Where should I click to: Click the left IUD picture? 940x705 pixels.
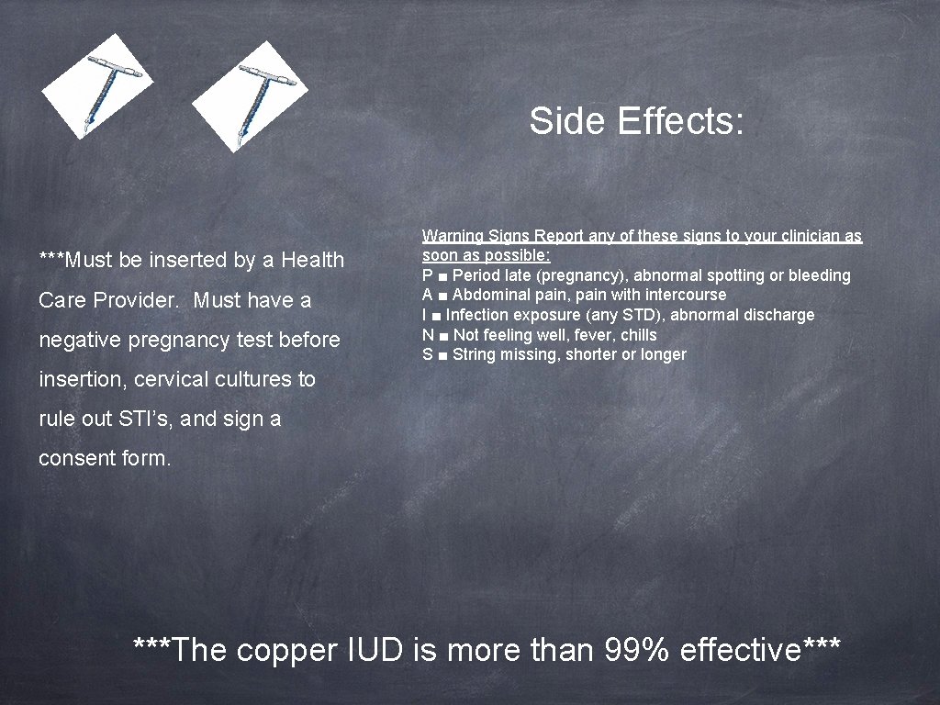97,86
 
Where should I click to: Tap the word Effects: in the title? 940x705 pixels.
681,121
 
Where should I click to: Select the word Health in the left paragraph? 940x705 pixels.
313,261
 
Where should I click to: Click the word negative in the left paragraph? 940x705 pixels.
77,341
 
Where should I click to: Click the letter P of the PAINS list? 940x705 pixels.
428,275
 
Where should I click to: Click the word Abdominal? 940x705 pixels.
491,295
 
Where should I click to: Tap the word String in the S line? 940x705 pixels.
475,355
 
